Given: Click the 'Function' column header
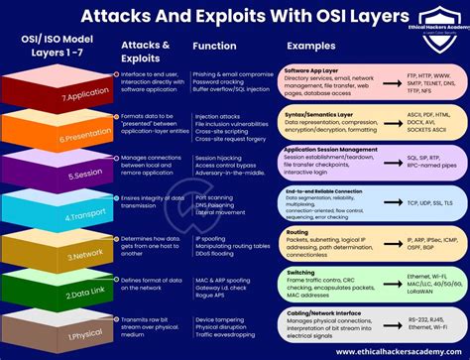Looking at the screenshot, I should (x=216, y=47).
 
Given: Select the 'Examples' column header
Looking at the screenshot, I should (x=309, y=47).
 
